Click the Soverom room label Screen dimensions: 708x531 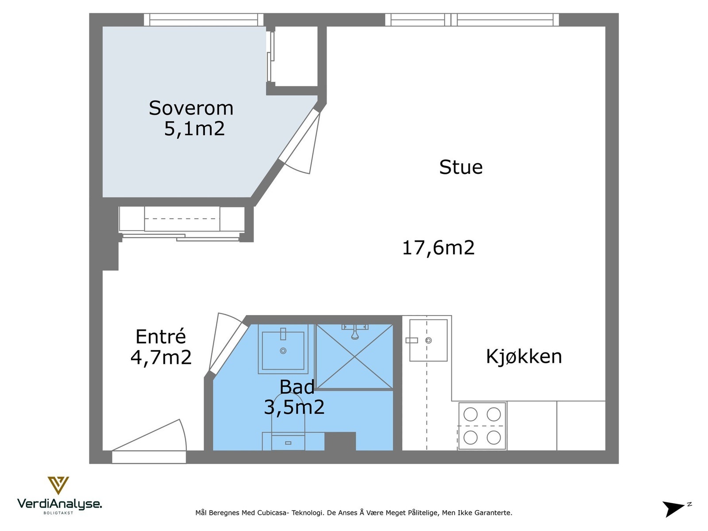191,108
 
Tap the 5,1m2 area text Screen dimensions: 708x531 195,129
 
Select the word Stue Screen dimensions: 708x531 461,167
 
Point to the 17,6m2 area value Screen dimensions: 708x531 439,248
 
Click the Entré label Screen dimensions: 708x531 161,336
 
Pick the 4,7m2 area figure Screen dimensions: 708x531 161,357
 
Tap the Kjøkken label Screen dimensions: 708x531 524,357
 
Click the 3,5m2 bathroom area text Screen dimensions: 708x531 294,407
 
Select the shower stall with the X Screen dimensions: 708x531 354,357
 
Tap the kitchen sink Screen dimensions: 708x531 428,340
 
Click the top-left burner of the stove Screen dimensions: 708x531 470,414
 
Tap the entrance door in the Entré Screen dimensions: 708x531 149,442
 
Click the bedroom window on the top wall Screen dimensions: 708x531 204,19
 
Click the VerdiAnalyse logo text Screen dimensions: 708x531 59,504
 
